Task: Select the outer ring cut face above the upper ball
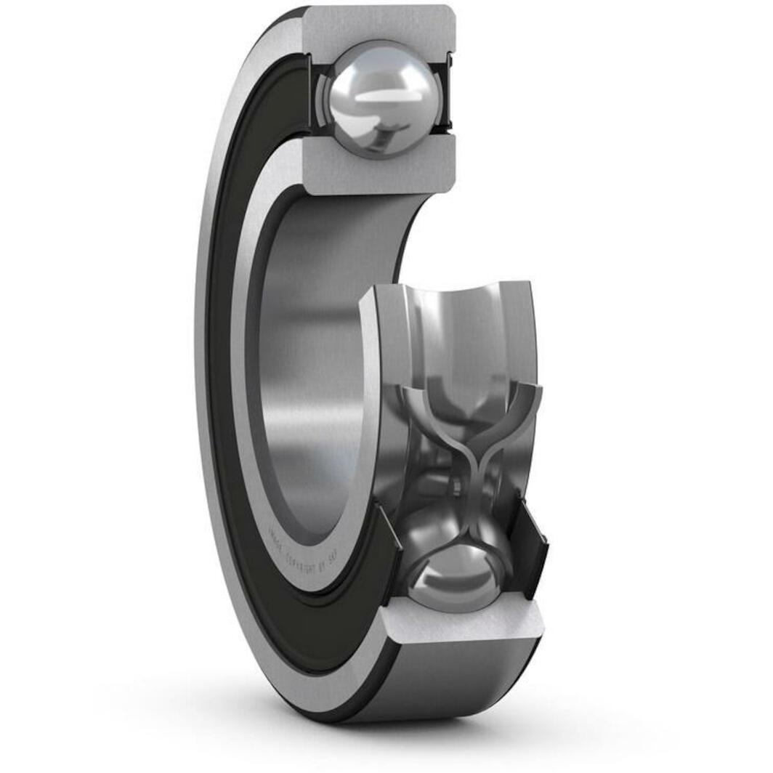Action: [378, 26]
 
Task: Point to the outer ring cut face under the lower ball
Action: [465, 621]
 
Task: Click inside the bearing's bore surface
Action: [312, 363]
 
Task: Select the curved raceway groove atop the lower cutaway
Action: [465, 320]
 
